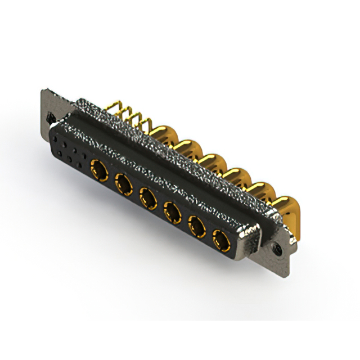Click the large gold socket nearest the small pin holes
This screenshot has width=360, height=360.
click(x=98, y=167)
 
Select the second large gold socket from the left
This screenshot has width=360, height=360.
click(x=123, y=182)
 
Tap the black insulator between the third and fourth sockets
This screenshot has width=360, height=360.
click(x=160, y=204)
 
